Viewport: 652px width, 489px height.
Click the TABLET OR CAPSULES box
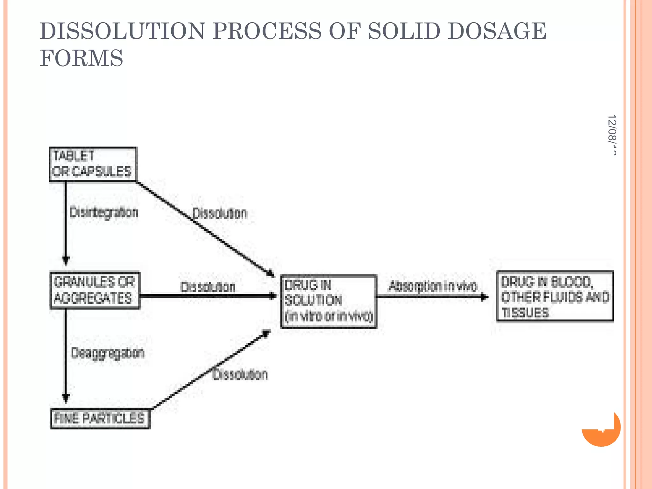93,164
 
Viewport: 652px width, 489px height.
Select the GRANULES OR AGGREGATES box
95,290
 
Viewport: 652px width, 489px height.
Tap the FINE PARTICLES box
100,418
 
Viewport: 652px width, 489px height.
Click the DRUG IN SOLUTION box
329,301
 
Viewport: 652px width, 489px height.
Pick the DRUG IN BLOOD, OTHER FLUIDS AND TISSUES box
555,296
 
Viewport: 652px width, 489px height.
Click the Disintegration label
104,213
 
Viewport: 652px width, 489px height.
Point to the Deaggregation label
108,353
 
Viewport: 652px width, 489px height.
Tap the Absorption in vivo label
433,287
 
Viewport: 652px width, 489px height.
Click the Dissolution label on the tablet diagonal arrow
220,214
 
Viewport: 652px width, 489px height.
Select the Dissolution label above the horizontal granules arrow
208,287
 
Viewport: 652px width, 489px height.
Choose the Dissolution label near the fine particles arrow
240,375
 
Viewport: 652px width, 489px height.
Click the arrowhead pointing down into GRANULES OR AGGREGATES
66,261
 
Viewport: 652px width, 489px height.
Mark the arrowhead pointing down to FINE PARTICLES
66,398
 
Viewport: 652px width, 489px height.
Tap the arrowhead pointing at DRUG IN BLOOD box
485,297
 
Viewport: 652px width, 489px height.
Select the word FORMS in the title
81,58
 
